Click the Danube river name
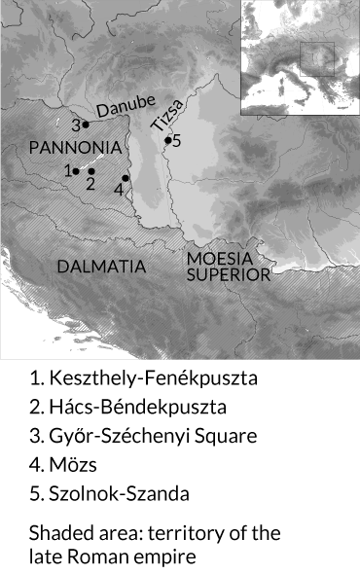pos(124,110)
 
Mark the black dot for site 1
pos(76,171)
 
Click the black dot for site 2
pos(91,171)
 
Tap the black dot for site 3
pos(86,124)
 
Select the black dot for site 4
pos(126,178)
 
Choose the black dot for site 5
pos(167,141)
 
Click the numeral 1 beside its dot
pos(67,170)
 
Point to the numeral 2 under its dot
pos(90,184)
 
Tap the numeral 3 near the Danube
pos(75,125)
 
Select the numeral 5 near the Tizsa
pos(176,140)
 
